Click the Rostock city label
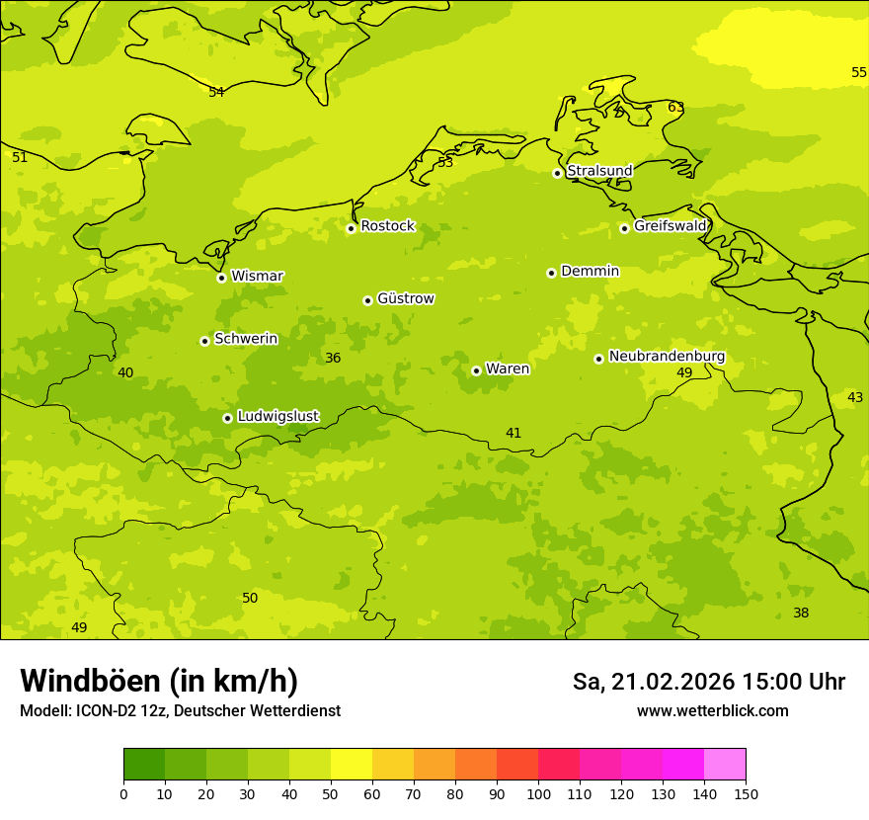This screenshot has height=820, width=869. click(x=387, y=226)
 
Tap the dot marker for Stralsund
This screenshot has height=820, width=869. click(x=557, y=173)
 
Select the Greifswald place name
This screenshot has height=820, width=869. click(x=670, y=226)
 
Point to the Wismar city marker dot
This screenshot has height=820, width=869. click(x=221, y=278)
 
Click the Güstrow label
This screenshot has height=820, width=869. click(x=405, y=298)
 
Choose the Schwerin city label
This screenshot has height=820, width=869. click(x=246, y=339)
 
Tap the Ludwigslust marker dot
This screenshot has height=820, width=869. click(x=227, y=418)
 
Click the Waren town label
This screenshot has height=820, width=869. click(x=508, y=369)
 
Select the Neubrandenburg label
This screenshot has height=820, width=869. click(x=667, y=357)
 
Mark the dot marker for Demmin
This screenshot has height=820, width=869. click(x=551, y=273)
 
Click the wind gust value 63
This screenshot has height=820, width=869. click(x=675, y=108)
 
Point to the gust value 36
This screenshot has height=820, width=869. click(x=333, y=358)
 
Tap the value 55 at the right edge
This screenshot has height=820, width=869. click(x=859, y=72)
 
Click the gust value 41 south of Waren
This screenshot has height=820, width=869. click(x=513, y=433)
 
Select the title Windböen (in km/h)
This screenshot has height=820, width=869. click(x=159, y=681)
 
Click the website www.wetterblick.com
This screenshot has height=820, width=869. click(x=712, y=710)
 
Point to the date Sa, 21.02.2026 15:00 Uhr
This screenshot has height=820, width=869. click(x=708, y=682)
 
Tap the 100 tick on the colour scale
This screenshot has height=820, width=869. click(x=538, y=793)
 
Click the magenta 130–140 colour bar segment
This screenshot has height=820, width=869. click(x=683, y=765)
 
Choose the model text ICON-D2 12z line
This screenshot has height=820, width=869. click(x=180, y=710)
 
